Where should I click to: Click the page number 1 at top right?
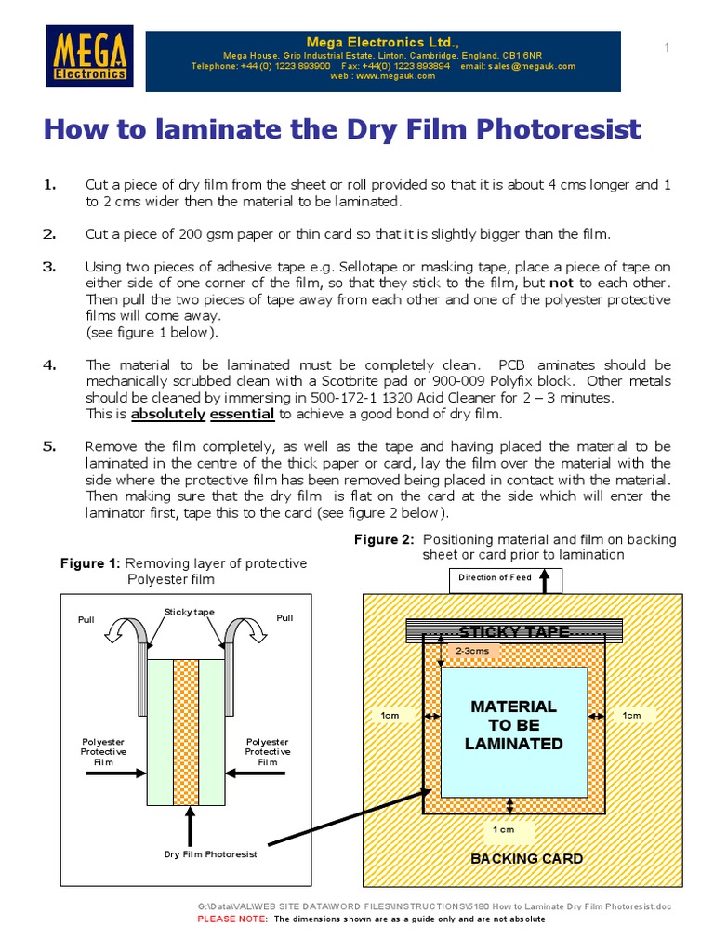click(x=667, y=48)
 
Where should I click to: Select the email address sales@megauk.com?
click(x=531, y=66)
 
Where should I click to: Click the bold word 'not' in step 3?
click(x=561, y=284)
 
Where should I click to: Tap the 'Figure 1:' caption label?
click(x=90, y=563)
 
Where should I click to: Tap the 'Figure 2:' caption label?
click(x=385, y=539)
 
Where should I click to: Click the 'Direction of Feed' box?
click(x=495, y=577)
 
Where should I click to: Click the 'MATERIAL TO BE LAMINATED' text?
click(x=513, y=725)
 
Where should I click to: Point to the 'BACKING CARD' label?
click(x=526, y=858)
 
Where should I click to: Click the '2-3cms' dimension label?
click(x=471, y=652)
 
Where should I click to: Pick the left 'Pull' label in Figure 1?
click(x=86, y=618)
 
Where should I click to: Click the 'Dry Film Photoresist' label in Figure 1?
click(x=210, y=853)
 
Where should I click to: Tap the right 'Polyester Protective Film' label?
click(x=268, y=751)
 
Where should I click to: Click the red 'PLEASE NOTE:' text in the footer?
click(x=232, y=919)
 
